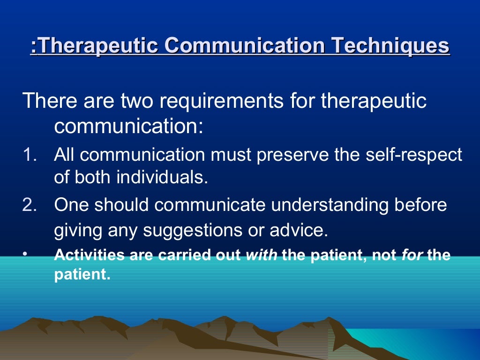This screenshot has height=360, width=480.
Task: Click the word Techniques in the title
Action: point(390,46)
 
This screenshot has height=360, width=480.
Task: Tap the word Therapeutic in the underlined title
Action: point(98,46)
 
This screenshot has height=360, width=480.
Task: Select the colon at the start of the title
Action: point(34,47)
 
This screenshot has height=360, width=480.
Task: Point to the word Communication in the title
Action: point(245,46)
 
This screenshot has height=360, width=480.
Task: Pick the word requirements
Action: point(218,101)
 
